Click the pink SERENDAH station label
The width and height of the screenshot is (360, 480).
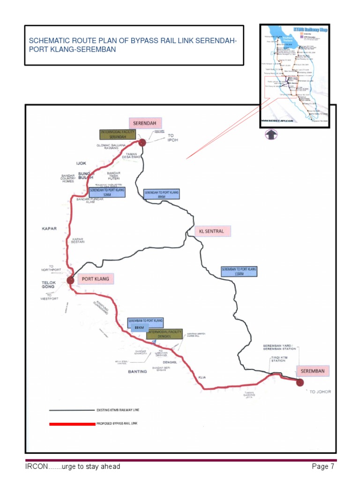pyautogui.click(x=145, y=123)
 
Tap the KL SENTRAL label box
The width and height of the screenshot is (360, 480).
pyautogui.click(x=212, y=231)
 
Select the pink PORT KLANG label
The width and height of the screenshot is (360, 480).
pyautogui.click(x=96, y=279)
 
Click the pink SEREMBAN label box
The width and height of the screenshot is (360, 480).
pyautogui.click(x=313, y=371)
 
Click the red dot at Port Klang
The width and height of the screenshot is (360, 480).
pyautogui.click(x=71, y=280)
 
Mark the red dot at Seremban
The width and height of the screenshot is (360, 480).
pyautogui.click(x=300, y=382)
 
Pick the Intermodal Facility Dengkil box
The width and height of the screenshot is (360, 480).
pyautogui.click(x=164, y=334)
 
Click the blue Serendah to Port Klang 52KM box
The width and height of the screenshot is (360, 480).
pyautogui.click(x=106, y=192)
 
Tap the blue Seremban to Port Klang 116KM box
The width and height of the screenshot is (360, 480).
pyautogui.click(x=239, y=271)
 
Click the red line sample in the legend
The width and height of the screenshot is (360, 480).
pyautogui.click(x=72, y=424)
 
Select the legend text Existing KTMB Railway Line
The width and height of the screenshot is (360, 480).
pyautogui.click(x=118, y=410)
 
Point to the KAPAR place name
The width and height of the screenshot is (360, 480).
pyautogui.click(x=49, y=229)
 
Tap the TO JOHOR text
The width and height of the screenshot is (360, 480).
pyautogui.click(x=320, y=391)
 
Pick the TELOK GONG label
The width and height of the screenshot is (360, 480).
pyautogui.click(x=48, y=285)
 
